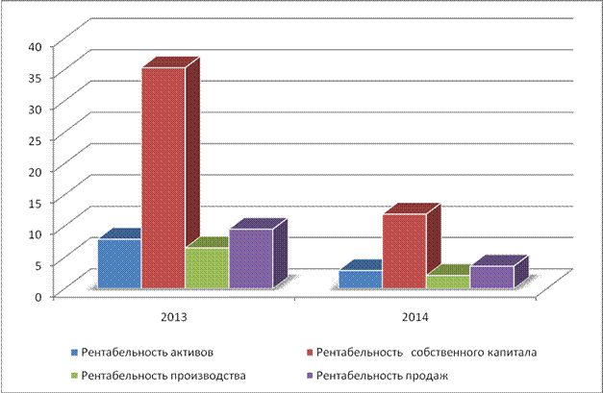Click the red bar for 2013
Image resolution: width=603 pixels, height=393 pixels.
tap(163, 178)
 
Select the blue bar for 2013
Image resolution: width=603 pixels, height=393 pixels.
tap(119, 263)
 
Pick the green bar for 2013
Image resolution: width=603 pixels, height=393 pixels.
tap(207, 268)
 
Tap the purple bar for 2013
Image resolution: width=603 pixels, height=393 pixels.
tap(250, 258)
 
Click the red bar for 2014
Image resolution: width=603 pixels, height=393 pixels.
tap(403, 251)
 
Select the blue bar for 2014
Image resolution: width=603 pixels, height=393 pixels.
tap(359, 279)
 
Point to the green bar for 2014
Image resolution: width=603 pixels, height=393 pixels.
tap(447, 282)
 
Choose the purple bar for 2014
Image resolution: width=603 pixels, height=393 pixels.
tap(490, 277)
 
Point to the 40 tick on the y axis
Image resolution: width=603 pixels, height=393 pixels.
tap(34, 45)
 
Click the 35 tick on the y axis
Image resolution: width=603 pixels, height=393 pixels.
tap(34, 77)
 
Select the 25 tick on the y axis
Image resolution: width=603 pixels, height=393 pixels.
tap(34, 139)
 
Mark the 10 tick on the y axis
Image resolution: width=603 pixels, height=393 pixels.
tap(34, 233)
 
